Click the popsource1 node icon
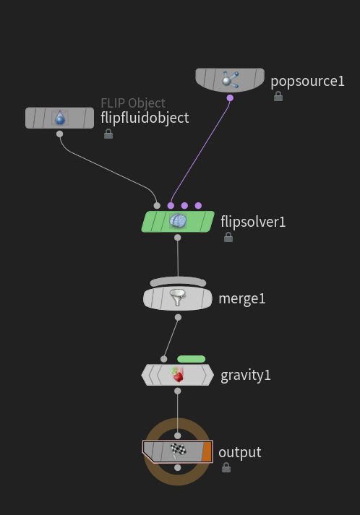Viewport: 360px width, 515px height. [x=230, y=79]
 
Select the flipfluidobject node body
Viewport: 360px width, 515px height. [x=59, y=118]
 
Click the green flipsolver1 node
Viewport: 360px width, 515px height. [x=178, y=221]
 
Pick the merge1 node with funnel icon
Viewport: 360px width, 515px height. [x=178, y=298]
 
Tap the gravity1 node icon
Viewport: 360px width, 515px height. [x=178, y=375]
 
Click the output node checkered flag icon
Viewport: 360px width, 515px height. [x=178, y=451]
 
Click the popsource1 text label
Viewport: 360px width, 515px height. [x=307, y=81]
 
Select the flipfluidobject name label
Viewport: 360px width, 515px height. [x=145, y=118]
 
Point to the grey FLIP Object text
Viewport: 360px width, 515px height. [x=133, y=103]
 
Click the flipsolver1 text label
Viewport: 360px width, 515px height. [x=253, y=222]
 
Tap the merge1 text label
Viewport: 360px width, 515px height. [x=242, y=298]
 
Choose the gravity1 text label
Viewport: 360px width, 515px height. [x=246, y=375]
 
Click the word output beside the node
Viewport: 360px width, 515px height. [x=239, y=452]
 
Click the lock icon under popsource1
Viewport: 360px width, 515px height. [x=278, y=96]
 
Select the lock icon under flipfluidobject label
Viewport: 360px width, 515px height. [x=108, y=134]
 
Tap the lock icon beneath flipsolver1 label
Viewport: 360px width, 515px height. [x=228, y=237]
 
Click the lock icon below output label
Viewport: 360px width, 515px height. [x=226, y=467]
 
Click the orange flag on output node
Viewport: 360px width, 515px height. [x=207, y=451]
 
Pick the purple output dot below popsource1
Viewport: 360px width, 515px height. [x=230, y=98]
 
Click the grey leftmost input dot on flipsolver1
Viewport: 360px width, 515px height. [x=157, y=206]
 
